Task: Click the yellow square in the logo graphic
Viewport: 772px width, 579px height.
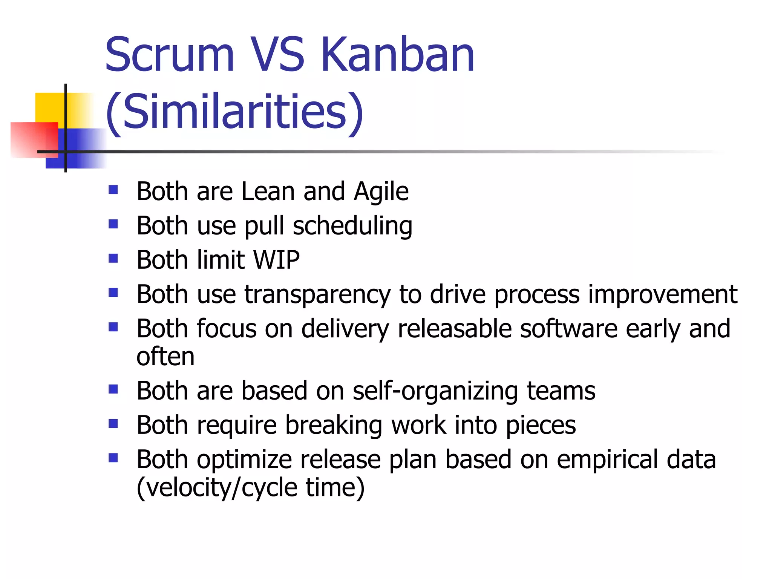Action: (x=49, y=107)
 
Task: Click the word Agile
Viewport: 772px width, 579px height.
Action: (x=381, y=192)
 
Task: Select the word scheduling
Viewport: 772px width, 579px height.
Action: (x=352, y=226)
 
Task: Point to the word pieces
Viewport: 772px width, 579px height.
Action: (x=541, y=426)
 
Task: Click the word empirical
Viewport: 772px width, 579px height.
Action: (x=607, y=460)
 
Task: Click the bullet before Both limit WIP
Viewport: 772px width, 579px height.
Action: (x=113, y=259)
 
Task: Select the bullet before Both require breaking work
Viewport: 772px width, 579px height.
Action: (x=113, y=424)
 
